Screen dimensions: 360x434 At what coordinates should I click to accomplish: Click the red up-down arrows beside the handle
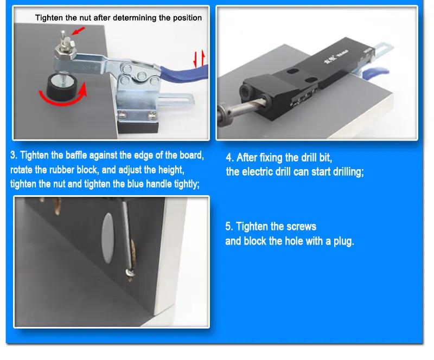point(200,57)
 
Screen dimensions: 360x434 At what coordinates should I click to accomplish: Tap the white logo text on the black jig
point(337,55)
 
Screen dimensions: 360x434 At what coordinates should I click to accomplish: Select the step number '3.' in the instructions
point(14,156)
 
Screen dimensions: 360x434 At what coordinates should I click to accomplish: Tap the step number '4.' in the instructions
point(230,158)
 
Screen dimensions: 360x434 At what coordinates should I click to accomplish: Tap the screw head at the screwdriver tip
point(129,269)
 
